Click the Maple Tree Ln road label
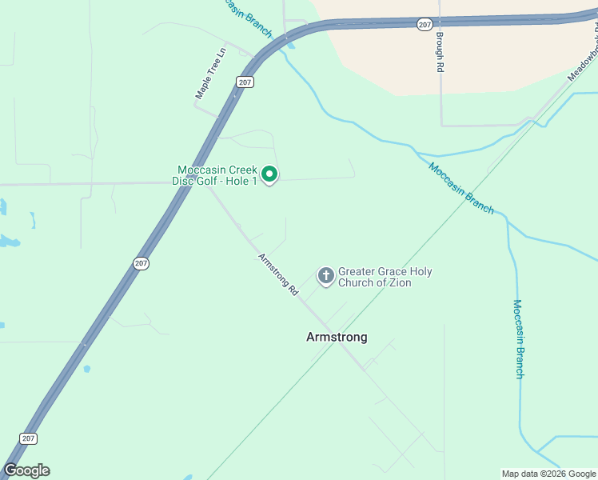212,74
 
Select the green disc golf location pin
270,174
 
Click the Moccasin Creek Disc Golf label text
216,170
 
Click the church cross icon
325,276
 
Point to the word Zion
398,283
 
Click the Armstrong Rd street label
277,275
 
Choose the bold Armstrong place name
337,337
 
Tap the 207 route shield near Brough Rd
424,25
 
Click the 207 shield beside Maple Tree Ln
245,82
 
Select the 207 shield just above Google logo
28,438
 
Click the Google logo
26,470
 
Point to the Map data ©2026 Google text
548,474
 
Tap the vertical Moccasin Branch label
518,338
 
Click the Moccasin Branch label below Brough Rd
461,188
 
